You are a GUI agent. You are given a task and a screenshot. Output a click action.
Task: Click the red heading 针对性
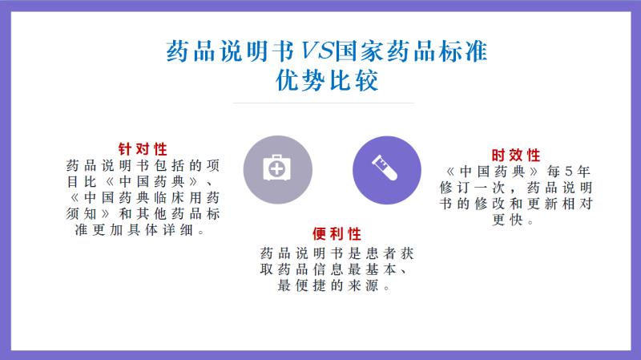point(143,149)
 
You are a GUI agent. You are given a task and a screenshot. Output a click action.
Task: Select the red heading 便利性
point(337,234)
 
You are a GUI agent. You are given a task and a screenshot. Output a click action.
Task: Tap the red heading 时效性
point(516,155)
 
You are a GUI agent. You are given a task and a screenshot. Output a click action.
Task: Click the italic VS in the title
point(316,51)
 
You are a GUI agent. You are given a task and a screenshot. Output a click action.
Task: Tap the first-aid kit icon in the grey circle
point(276,168)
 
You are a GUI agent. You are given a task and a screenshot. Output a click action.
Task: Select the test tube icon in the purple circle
point(385,168)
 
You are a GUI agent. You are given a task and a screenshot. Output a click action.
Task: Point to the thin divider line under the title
point(324,103)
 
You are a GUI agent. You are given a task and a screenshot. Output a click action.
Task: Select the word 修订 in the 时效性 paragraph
point(454,188)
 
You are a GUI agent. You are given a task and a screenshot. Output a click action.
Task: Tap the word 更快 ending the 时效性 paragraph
point(507,220)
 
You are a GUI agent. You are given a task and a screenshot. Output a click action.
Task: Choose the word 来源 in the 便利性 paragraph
point(363,285)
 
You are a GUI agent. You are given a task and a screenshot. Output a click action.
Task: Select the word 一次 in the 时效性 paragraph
point(490,188)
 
